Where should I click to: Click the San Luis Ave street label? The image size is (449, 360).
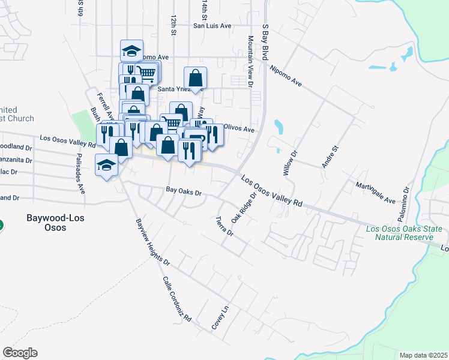pos(212,26)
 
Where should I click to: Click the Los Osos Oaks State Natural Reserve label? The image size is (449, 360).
pos(404,233)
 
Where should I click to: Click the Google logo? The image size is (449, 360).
pos(20,353)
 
